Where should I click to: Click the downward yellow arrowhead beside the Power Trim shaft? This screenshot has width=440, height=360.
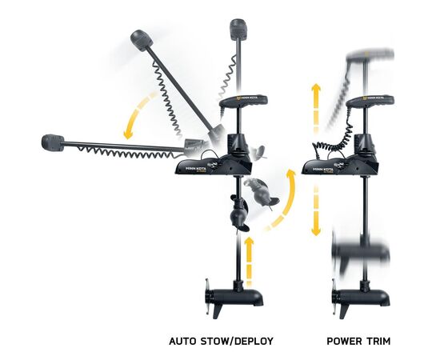316,231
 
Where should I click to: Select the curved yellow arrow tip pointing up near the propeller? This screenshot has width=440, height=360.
290,174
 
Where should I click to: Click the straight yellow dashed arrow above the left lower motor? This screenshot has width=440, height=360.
249,262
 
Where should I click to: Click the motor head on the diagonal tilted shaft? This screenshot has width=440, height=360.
142,41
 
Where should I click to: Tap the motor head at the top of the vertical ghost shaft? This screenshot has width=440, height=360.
238,29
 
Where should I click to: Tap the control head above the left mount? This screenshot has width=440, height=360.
243,102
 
